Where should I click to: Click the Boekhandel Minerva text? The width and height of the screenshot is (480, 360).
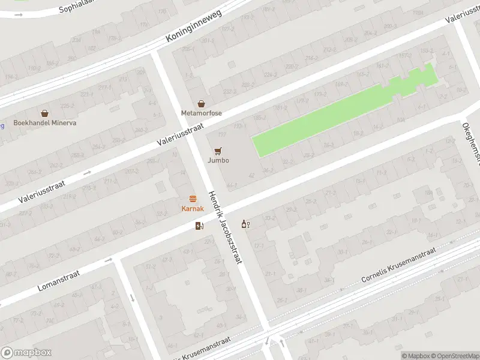tap(45, 123)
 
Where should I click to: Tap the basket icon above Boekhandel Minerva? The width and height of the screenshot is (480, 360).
tap(45, 113)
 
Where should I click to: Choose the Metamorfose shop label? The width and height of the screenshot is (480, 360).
tap(202, 113)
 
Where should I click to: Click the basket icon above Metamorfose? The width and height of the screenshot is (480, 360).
tap(202, 103)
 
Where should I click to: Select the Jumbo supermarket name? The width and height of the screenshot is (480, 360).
tap(218, 160)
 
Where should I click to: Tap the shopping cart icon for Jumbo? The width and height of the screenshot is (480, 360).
tap(218, 150)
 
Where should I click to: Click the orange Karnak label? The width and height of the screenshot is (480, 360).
tap(193, 208)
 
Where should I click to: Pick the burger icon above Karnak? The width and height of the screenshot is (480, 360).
tap(193, 198)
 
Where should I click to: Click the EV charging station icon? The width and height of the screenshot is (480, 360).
tap(200, 226)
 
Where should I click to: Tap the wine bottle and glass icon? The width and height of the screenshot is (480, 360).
tap(245, 224)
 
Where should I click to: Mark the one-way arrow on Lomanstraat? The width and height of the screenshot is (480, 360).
tap(109, 260)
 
